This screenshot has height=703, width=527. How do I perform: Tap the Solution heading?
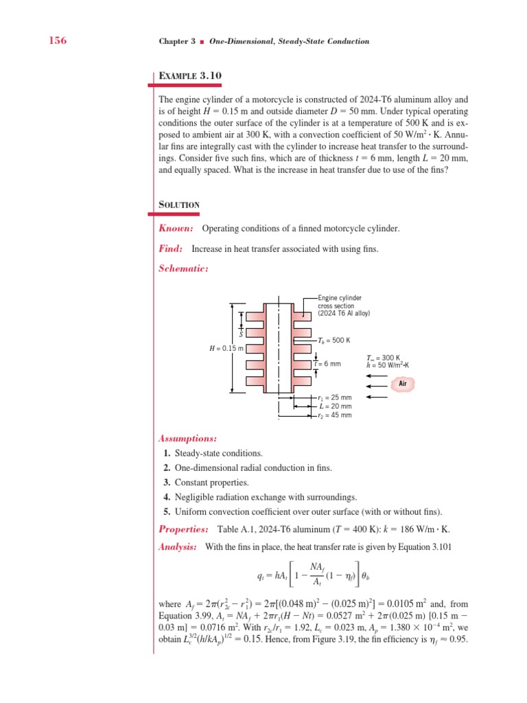[180, 205]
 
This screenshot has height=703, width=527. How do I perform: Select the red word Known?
[176, 228]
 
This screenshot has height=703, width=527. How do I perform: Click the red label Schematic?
[183, 268]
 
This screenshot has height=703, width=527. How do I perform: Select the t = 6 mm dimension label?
[328, 363]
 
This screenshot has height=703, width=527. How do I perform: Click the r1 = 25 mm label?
[335, 397]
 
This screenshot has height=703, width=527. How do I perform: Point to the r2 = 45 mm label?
[335, 415]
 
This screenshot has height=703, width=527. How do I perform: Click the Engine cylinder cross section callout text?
[343, 306]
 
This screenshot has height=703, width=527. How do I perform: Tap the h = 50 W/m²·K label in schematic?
[388, 364]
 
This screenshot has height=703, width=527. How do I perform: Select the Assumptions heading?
[188, 438]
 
